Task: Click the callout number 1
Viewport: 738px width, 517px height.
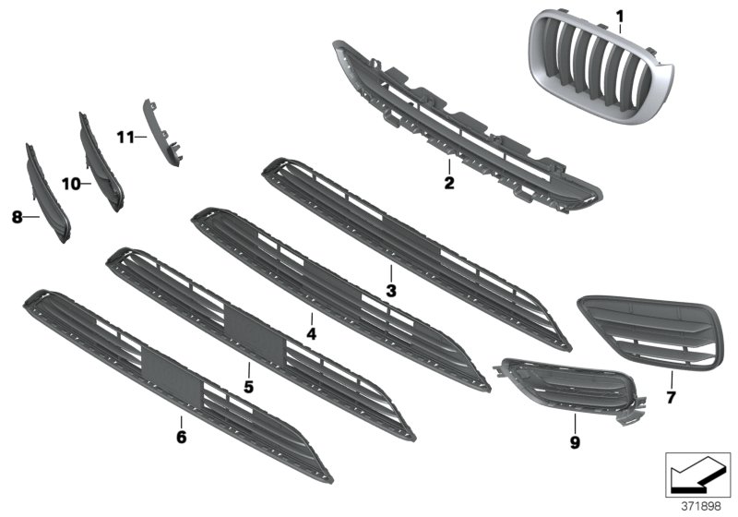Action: click(x=620, y=16)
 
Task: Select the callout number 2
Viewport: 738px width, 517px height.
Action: click(x=449, y=184)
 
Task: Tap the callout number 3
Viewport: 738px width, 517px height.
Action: click(x=390, y=291)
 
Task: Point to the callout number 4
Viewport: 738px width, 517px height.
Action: click(x=312, y=332)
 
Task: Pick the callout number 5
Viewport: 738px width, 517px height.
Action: click(x=248, y=385)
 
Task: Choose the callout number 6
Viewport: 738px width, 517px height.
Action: click(x=181, y=436)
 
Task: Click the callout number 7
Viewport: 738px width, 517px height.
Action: click(x=671, y=399)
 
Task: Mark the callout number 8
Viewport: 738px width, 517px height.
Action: click(x=17, y=218)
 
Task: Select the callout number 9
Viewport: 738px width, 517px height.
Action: click(x=574, y=443)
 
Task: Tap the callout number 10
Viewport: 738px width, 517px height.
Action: click(x=70, y=184)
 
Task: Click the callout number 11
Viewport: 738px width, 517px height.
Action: click(x=125, y=138)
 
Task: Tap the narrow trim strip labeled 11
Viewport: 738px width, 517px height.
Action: click(x=161, y=134)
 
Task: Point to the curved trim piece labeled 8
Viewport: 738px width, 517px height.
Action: click(x=46, y=194)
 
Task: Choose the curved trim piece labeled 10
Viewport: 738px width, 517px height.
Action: click(x=101, y=162)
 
